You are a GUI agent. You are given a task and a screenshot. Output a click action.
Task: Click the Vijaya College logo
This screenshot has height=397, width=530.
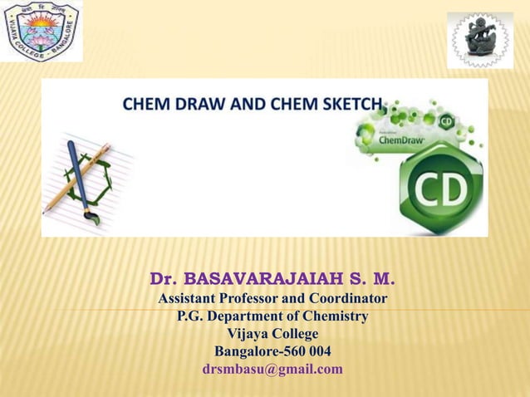pyautogui.click(x=42, y=32)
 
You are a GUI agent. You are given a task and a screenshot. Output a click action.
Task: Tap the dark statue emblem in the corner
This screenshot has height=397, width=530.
pyautogui.click(x=480, y=40)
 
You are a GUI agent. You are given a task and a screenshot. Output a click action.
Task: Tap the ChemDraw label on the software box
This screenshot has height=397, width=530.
pyautogui.click(x=402, y=140)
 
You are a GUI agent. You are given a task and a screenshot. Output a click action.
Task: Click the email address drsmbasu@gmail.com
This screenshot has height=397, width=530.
pyautogui.click(x=272, y=369)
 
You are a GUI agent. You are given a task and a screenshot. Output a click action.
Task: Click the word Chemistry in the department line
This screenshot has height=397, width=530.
pyautogui.click(x=331, y=316)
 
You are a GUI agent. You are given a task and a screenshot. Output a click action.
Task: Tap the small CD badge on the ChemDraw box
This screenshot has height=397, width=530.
pyautogui.click(x=447, y=121)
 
